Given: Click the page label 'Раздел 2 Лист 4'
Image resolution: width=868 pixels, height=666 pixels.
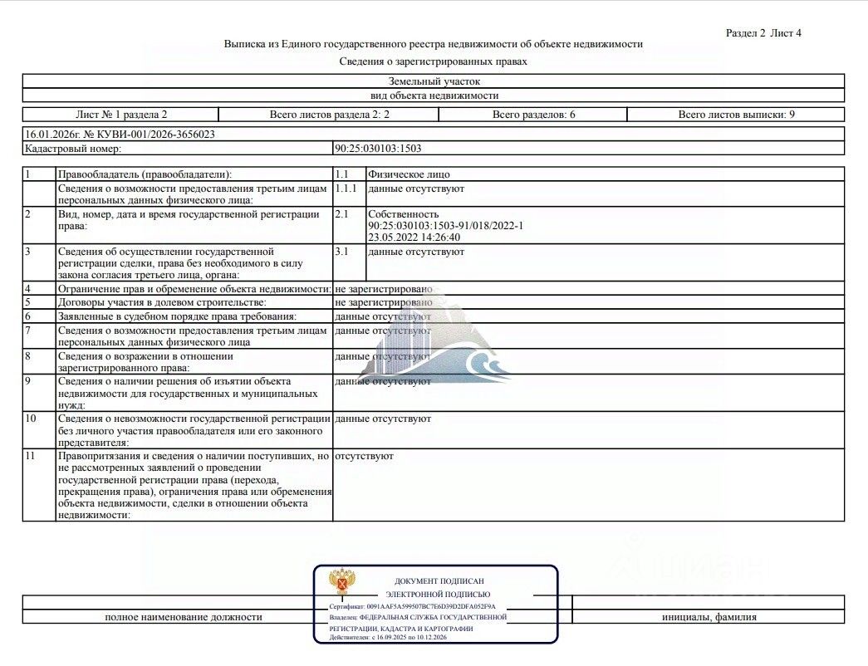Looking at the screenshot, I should pyautogui.click(x=763, y=33).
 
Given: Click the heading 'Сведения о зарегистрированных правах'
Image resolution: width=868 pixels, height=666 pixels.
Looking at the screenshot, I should pyautogui.click(x=433, y=61).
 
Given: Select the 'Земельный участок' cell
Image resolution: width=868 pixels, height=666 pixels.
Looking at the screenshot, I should pyautogui.click(x=434, y=81).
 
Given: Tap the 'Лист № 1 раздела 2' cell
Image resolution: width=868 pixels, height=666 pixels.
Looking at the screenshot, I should pyautogui.click(x=121, y=115).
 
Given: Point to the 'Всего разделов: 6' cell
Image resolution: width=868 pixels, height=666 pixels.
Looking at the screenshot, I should pyautogui.click(x=533, y=115).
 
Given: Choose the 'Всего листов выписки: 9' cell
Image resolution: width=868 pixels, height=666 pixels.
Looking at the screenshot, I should pyautogui.click(x=736, y=115).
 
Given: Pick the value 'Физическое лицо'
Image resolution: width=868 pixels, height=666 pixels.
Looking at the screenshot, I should pyautogui.click(x=409, y=174).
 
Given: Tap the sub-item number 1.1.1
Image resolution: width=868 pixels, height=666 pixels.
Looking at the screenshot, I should pyautogui.click(x=345, y=189).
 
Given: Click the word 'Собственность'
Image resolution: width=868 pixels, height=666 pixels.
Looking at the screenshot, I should pyautogui.click(x=403, y=214).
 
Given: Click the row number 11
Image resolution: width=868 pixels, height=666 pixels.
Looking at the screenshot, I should pyautogui.click(x=31, y=457).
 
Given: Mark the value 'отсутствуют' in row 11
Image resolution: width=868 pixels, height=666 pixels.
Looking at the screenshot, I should pyautogui.click(x=364, y=457).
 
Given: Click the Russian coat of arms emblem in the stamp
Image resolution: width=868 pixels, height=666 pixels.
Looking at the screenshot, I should pyautogui.click(x=341, y=583).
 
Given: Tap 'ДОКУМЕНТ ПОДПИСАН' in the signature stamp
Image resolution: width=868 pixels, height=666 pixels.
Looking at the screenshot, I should pyautogui.click(x=439, y=582).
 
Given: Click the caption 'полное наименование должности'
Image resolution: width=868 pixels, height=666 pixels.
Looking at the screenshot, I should pyautogui.click(x=184, y=617).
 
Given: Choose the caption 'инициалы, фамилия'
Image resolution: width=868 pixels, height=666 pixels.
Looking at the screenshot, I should pyautogui.click(x=709, y=617).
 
